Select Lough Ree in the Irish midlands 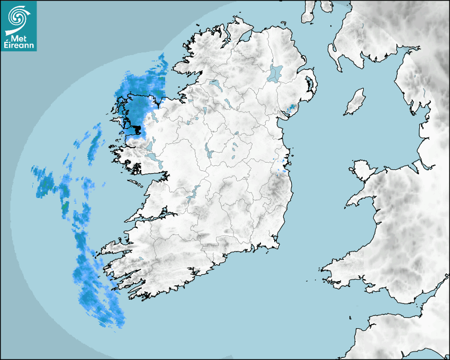(x=210, y=154)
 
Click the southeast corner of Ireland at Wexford (x=276, y=244)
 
